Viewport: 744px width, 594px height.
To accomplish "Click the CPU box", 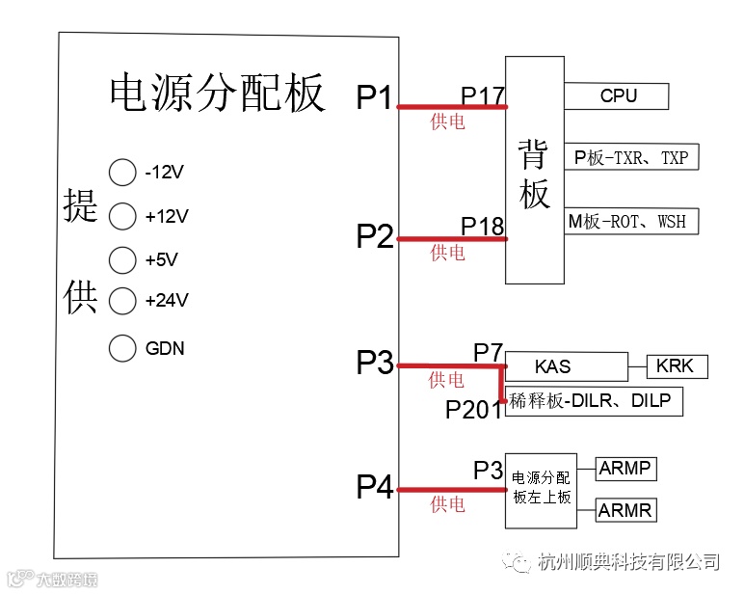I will pos(617,95).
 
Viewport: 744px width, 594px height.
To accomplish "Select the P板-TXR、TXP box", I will pos(631,157).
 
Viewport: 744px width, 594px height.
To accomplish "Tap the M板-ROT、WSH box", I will pos(631,221).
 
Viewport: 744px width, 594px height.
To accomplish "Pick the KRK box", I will pos(677,366).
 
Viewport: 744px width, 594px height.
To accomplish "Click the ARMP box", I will pos(625,470).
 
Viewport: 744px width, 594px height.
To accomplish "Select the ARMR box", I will pos(625,509).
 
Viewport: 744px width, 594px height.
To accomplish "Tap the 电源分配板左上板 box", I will pos(541,489).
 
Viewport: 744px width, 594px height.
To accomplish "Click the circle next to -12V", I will pos(122,173).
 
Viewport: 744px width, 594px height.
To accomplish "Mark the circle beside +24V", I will pos(122,301).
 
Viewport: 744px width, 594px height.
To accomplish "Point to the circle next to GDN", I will pos(122,348).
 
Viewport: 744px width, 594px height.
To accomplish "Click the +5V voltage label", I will pos(162,259).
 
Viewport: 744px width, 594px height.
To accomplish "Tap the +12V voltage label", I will pos(167,217).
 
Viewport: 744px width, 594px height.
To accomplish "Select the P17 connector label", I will pos(483,95).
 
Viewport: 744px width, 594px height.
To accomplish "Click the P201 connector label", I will pos(474,410).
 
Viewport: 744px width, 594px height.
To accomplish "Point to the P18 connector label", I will pos(483,227).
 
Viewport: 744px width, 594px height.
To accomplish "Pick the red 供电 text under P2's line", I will pos(447,253).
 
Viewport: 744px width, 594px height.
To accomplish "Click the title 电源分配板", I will pos(218,94).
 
